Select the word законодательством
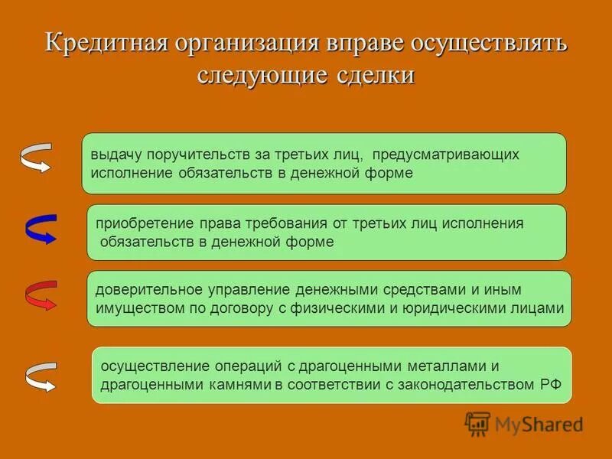pos(452,384)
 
